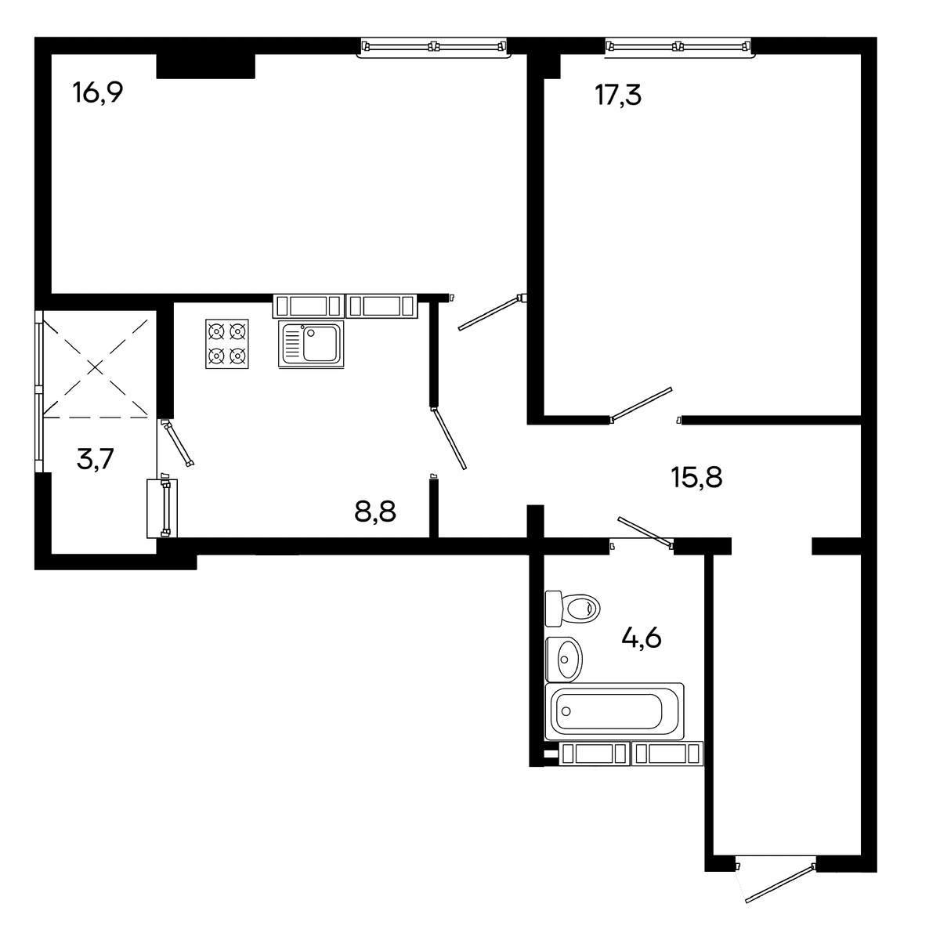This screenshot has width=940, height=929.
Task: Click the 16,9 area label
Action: coord(98,92)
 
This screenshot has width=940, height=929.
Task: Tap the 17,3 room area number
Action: coord(618,95)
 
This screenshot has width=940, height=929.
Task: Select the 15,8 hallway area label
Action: coord(696,477)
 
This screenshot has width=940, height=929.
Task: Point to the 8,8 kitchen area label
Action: coord(375,511)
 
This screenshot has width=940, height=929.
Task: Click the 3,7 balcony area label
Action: coord(96,459)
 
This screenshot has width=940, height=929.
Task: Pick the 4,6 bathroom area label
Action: coord(641,638)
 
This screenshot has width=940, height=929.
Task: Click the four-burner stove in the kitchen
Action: coord(227,344)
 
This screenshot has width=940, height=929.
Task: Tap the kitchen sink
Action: coord(311,344)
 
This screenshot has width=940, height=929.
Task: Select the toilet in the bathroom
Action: coord(572,609)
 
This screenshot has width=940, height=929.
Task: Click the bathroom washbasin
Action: coord(564,660)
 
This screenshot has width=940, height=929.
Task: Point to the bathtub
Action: coord(615,711)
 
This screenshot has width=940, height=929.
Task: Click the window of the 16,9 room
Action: coord(434,47)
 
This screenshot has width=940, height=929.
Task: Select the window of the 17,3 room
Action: coord(678,47)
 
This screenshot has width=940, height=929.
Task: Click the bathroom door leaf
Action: coord(645,531)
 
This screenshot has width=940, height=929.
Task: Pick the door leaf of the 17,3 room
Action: coord(641,404)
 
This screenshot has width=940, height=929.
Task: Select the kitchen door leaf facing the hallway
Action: coord(448,438)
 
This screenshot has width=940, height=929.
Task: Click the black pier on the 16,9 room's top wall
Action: coord(205,67)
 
